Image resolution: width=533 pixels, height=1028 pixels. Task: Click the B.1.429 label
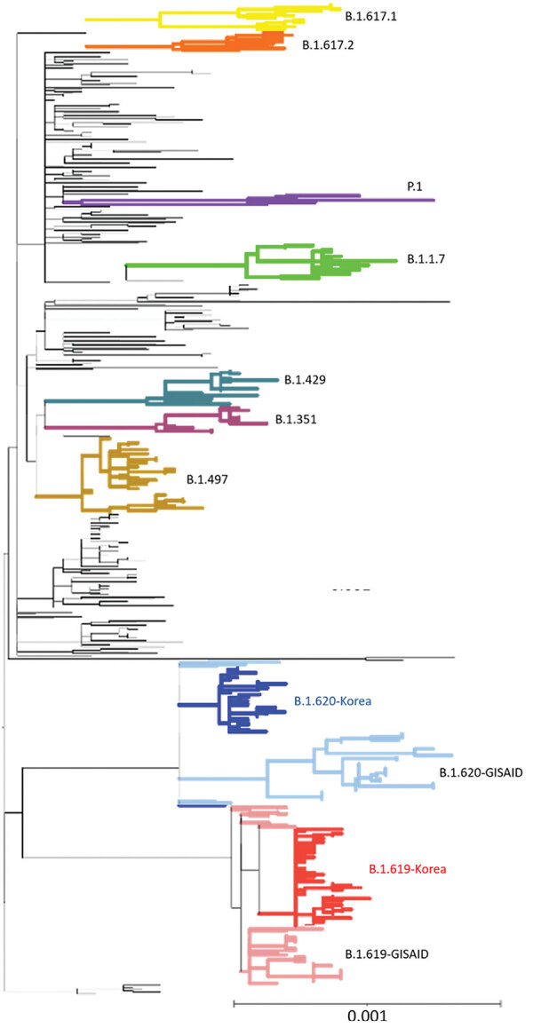[x=306, y=381]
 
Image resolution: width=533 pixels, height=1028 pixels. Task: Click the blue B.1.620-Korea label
[x=333, y=700]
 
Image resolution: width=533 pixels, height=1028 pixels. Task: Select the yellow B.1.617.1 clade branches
[x=204, y=15]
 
